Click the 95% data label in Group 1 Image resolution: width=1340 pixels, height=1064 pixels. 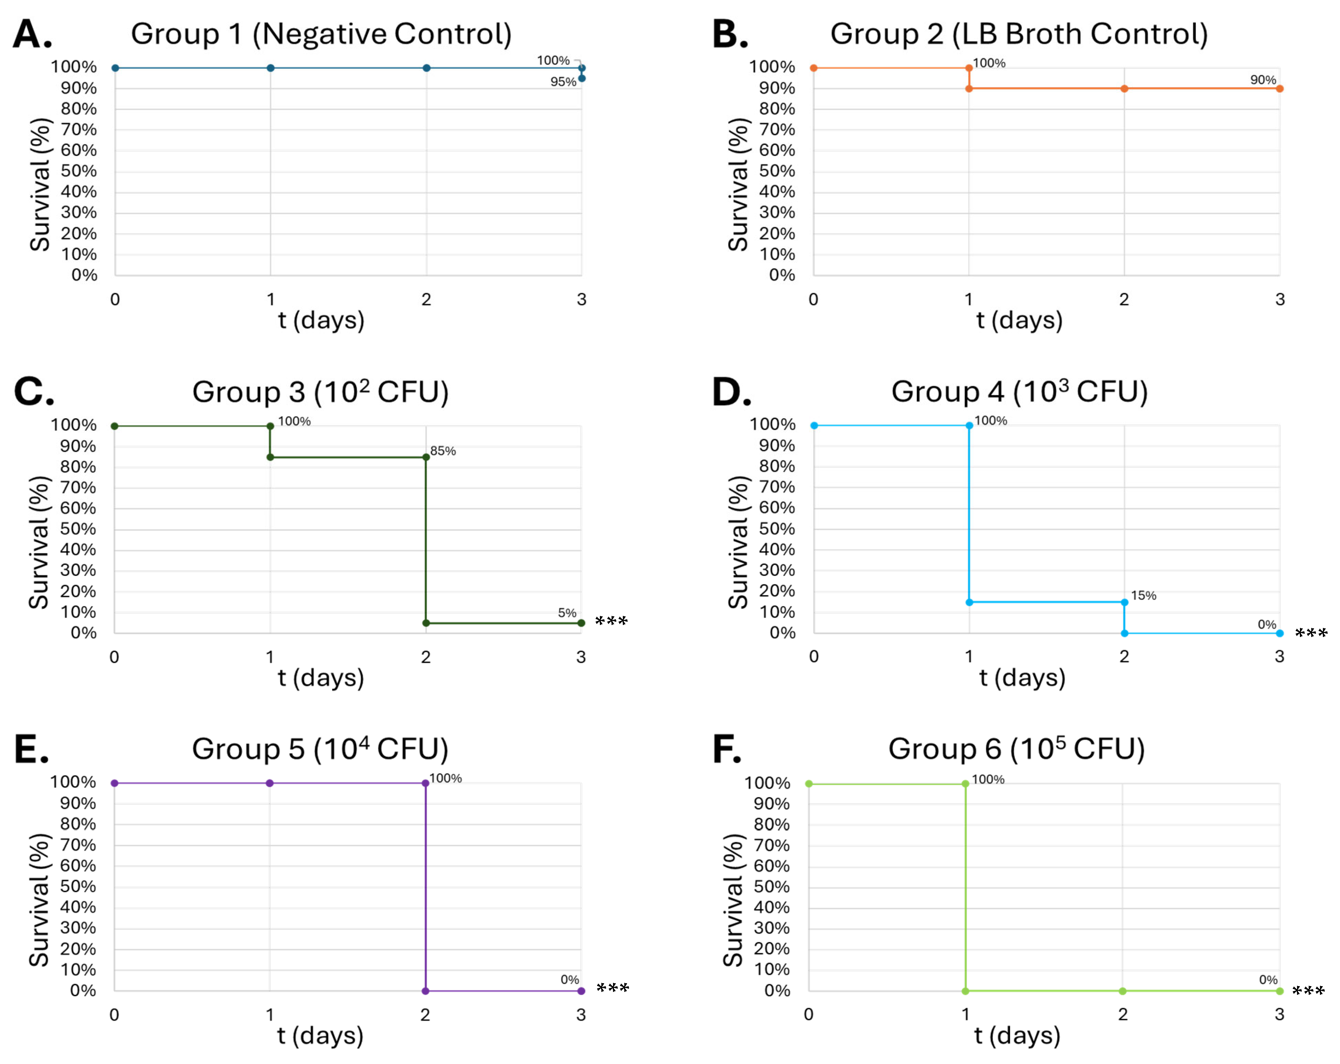(563, 82)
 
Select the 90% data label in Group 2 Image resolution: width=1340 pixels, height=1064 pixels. (1263, 80)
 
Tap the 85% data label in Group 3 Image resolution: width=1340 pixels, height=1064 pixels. (443, 451)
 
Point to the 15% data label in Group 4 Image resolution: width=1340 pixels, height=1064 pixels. (1144, 596)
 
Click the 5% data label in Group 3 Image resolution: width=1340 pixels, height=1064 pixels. (567, 613)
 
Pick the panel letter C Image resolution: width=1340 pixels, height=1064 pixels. (34, 392)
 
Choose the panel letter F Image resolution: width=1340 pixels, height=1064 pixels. (727, 750)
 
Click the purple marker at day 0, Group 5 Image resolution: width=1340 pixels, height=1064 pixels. (114, 783)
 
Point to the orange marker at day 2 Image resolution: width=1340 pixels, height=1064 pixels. (1124, 89)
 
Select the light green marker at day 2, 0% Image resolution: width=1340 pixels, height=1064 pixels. (1123, 991)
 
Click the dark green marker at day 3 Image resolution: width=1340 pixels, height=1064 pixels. (581, 623)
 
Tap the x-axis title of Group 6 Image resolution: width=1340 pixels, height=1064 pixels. (1017, 1036)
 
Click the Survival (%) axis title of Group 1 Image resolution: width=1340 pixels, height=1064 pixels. (40, 185)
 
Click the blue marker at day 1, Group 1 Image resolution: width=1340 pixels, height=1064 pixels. (270, 68)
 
